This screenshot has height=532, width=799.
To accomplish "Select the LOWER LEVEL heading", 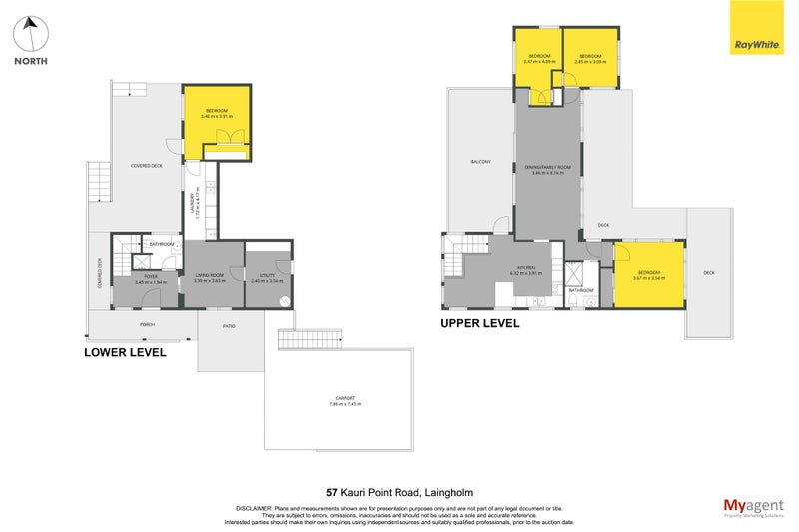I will coord(125,352).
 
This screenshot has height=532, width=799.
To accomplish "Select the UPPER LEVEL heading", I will coord(480,323).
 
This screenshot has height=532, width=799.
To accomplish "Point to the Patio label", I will coord(229,325).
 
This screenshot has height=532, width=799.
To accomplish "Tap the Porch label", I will coord(147,324).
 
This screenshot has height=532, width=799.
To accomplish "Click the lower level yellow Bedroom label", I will coord(217,113).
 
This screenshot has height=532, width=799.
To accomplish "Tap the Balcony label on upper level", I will coord(480,162).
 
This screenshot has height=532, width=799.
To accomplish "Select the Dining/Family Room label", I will coord(548,169).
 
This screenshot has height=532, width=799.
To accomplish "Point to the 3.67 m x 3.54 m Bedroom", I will coord(649,274).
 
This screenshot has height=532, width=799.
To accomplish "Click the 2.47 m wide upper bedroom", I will coord(539,58).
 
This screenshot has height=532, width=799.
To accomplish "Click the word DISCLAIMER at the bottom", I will coord(251,508).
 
